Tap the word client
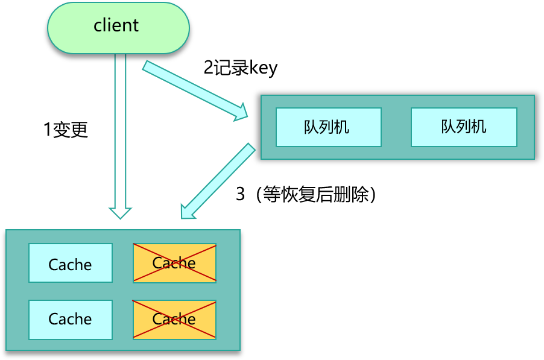(116, 25)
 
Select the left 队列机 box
(328, 127)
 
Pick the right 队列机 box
(463, 127)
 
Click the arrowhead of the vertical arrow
(121, 212)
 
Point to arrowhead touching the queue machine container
(241, 112)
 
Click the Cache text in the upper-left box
(70, 265)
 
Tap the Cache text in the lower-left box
(70, 319)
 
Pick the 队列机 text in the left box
(326, 127)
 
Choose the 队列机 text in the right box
(463, 127)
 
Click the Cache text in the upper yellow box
(174, 263)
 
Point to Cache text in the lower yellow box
(174, 319)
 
